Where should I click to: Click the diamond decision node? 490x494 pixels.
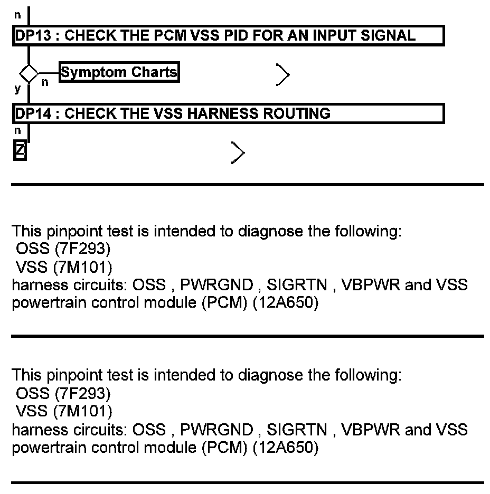pos(29,73)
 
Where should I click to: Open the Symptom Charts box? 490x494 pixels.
pos(119,72)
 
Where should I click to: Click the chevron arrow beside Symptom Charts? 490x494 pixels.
pos(283,75)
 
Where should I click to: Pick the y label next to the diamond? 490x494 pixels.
pos(17,88)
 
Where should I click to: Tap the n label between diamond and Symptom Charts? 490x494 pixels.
pos(45,82)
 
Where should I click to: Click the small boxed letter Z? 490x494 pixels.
pos(20,151)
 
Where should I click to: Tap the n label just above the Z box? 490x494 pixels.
pos(17,131)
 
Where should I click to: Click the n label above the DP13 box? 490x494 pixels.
pos(17,15)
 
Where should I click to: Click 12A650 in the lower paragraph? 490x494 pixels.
pos(285,449)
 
